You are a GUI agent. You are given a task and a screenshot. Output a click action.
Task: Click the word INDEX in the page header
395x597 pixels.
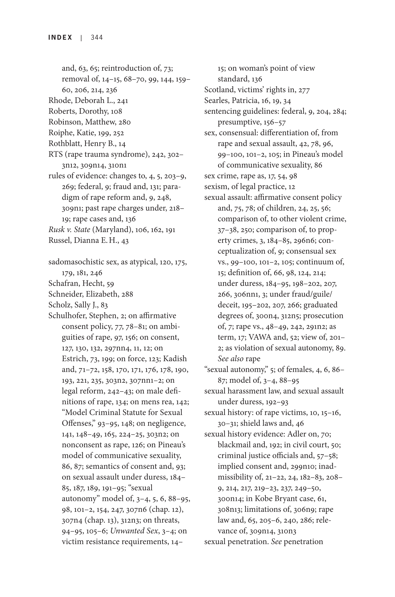click(x=60, y=37)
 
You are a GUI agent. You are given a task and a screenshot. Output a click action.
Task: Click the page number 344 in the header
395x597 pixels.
click(x=97, y=37)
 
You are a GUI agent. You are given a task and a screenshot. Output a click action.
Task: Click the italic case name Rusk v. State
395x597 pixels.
click(x=69, y=230)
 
